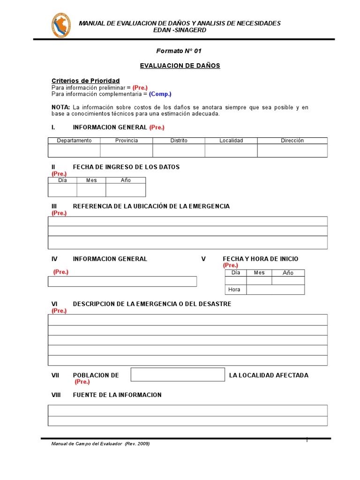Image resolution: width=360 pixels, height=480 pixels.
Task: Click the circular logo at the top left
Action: point(61,26)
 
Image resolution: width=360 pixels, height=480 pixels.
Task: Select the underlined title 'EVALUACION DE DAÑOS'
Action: point(180,66)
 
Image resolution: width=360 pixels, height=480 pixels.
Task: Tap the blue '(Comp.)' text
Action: point(160,94)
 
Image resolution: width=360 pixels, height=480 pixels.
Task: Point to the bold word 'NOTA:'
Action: point(60,107)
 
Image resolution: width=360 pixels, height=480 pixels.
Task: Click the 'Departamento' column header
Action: point(74,141)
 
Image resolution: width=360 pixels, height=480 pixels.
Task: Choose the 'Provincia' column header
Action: point(127,141)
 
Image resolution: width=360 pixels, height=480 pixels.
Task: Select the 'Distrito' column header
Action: point(179,141)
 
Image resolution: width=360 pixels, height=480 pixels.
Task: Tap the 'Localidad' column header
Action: point(231,141)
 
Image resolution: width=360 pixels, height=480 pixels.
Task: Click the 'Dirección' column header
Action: point(292,141)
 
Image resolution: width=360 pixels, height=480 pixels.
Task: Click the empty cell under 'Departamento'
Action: point(74,150)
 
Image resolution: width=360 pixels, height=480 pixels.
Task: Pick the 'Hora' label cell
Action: point(235,290)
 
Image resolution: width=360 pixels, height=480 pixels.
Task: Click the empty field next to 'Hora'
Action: point(275,290)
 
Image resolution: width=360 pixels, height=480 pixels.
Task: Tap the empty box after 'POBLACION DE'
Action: point(178,375)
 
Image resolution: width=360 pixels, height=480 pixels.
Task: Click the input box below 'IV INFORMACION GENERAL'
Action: point(122,281)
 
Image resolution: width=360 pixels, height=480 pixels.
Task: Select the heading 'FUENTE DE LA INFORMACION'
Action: point(117,395)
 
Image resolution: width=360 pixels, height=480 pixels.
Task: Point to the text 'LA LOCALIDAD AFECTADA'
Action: point(269,375)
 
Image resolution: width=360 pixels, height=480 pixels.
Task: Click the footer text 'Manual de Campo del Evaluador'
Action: point(87,444)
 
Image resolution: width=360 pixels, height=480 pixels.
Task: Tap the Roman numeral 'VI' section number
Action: point(55,304)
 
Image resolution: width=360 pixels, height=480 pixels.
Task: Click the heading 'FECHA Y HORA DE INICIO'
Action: point(260,259)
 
